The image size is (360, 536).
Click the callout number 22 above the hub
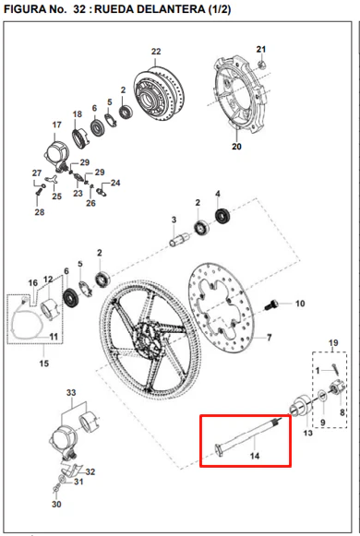click(156, 52)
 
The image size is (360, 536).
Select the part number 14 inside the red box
click(255, 456)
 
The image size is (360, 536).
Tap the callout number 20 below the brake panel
click(236, 147)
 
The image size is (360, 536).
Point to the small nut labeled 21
click(261, 64)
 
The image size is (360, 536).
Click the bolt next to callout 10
click(272, 304)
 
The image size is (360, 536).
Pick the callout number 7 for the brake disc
click(270, 338)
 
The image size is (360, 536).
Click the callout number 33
click(71, 393)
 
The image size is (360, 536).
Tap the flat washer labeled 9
click(322, 396)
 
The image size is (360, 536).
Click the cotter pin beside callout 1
click(335, 370)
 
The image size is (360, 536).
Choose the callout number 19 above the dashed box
click(333, 343)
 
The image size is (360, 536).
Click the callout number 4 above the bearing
click(218, 194)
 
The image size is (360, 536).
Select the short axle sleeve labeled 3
click(179, 239)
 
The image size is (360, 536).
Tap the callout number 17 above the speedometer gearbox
click(56, 125)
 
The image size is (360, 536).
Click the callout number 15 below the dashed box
click(44, 363)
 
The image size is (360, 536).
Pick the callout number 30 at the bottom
click(56, 505)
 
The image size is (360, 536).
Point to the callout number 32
click(90, 472)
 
